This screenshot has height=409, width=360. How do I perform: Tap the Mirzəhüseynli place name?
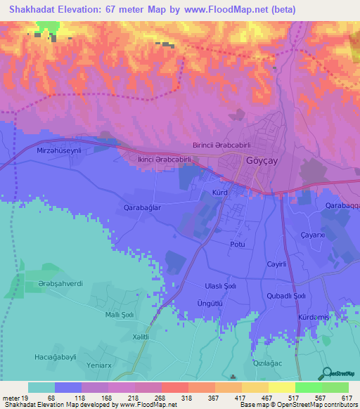click(x=59, y=151)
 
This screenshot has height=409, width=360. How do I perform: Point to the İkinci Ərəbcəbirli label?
click(x=164, y=160)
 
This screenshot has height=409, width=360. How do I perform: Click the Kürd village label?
click(x=221, y=192)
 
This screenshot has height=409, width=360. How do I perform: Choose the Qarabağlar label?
click(x=143, y=209)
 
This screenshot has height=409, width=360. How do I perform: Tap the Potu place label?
click(x=237, y=244)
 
